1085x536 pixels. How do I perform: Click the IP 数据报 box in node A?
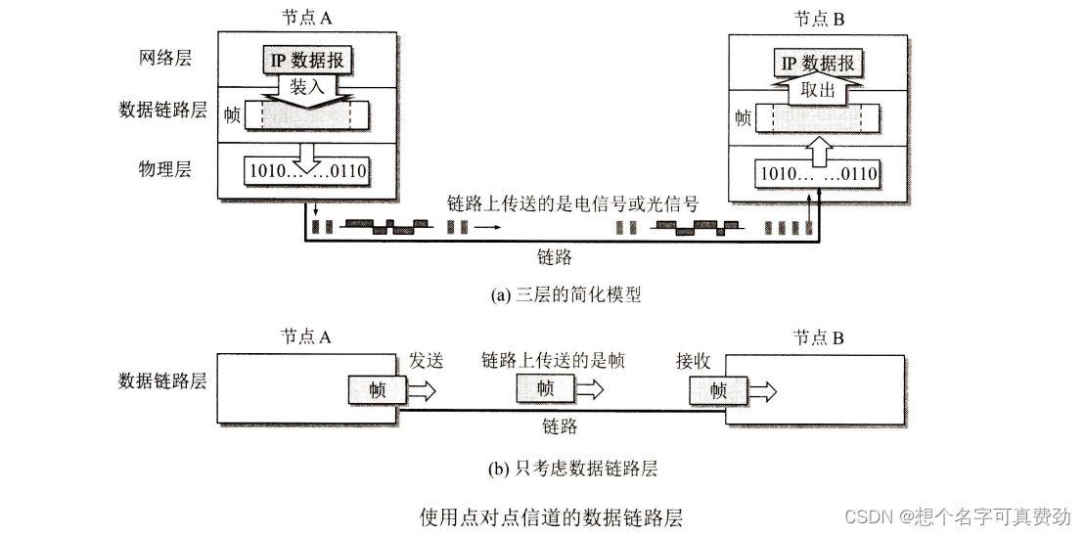pos(307,60)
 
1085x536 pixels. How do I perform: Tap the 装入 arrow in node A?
pos(307,88)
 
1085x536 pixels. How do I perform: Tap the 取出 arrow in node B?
pos(818,89)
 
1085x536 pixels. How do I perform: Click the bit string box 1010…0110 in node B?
pos(818,175)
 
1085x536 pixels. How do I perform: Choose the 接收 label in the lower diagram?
pos(693,361)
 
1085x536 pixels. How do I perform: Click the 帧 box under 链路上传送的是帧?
pos(545,388)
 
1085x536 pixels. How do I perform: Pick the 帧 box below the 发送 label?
pos(378,390)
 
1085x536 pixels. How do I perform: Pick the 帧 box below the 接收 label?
pos(717,391)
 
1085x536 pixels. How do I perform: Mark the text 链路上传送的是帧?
pos(553,361)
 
